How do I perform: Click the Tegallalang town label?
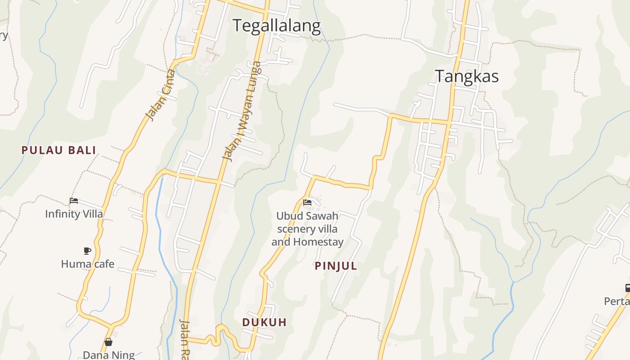click(276, 26)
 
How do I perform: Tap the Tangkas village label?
click(467, 76)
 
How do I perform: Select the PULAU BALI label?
click(59, 150)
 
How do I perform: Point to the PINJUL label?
click(336, 266)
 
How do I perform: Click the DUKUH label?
click(264, 322)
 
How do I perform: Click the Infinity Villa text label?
click(74, 214)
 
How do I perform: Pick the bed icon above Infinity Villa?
click(74, 201)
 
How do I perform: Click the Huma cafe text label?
click(88, 264)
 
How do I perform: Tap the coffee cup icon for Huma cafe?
click(87, 251)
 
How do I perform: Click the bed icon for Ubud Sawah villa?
click(307, 202)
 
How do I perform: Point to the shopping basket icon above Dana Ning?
click(108, 342)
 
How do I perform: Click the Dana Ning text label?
click(109, 355)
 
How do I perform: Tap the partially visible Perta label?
click(617, 301)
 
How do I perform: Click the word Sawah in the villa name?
click(322, 216)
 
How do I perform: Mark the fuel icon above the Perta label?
click(627, 288)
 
